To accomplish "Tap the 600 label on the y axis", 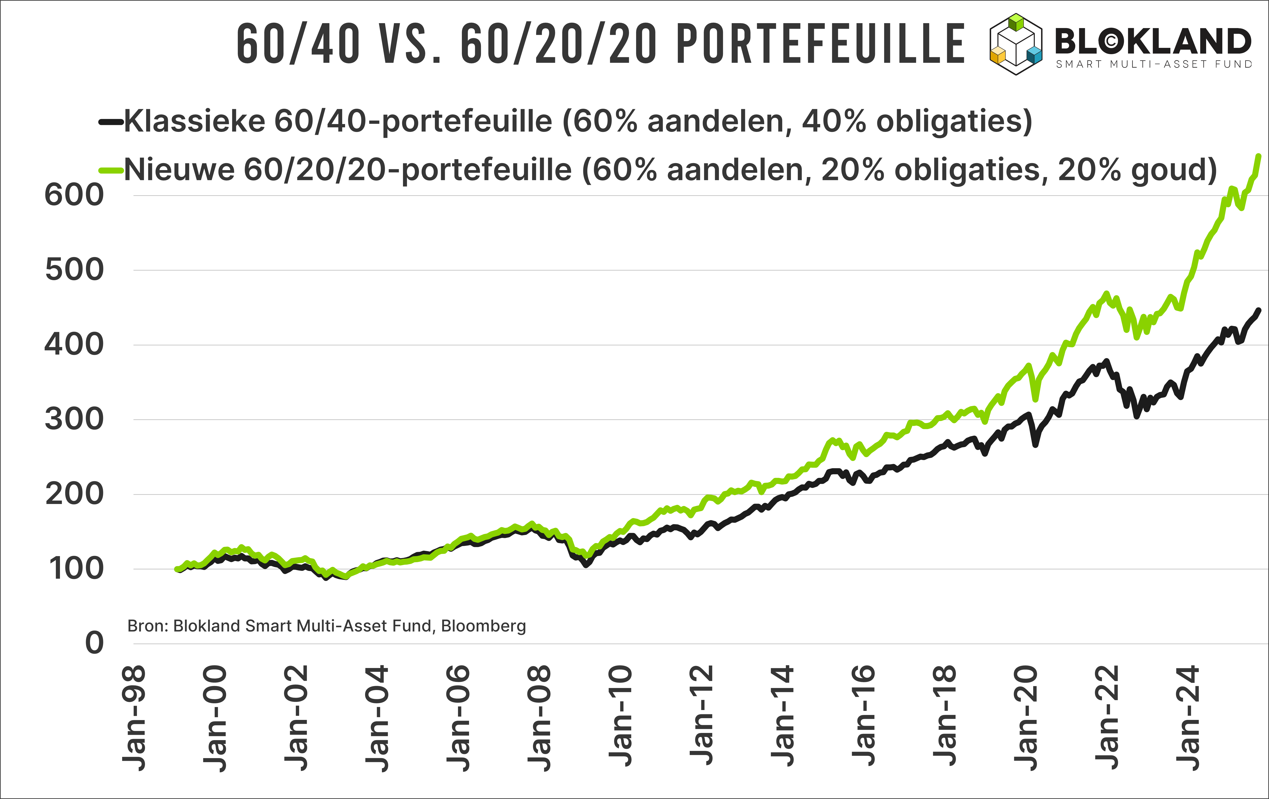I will pyautogui.click(x=74, y=195).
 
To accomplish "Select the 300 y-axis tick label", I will pyautogui.click(x=74, y=420).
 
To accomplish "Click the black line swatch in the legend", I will pyautogui.click(x=111, y=122).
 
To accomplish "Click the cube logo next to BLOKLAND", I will pyautogui.click(x=1016, y=44).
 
